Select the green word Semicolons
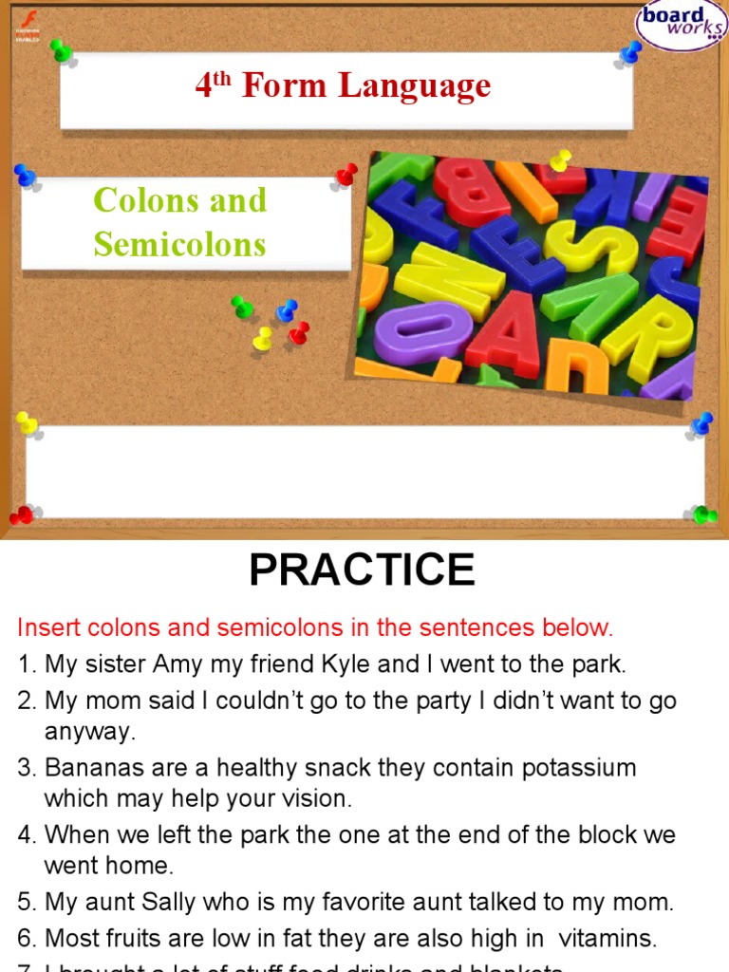179,245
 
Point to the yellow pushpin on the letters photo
560,160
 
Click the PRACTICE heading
362,570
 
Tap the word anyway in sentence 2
90,732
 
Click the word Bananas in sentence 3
89,767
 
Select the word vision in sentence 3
317,799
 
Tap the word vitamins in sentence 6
607,939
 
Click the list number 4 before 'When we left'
25,835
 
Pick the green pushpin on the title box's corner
62,49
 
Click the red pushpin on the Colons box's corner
346,175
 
